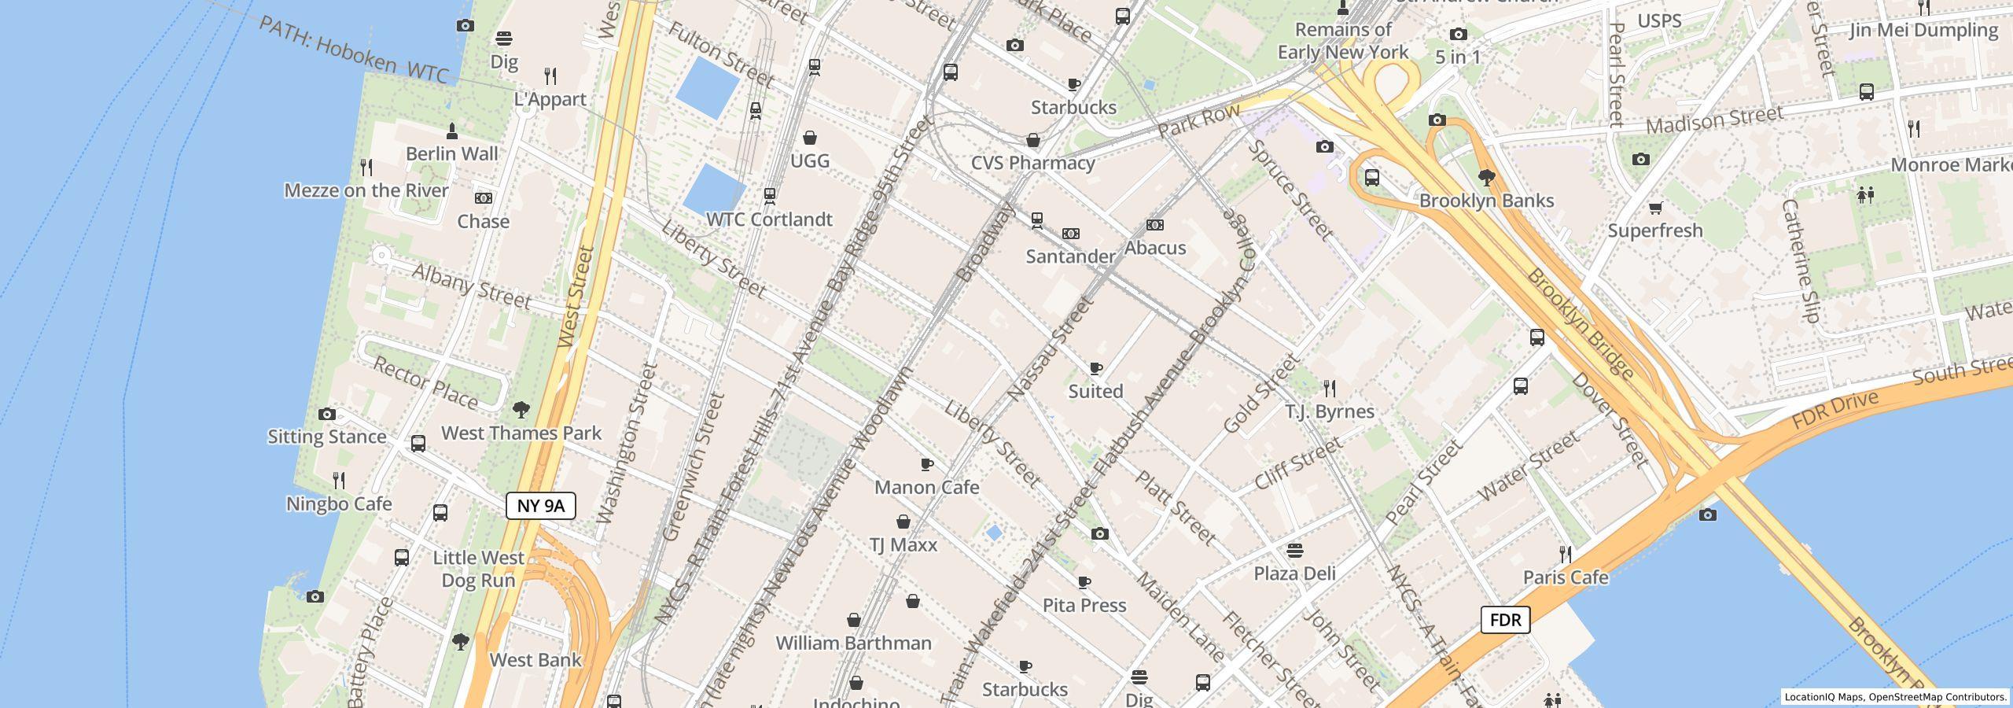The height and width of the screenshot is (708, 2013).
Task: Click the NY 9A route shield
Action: (x=541, y=506)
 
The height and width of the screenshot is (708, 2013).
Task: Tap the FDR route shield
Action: (x=1505, y=620)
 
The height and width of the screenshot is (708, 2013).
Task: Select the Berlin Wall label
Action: (x=452, y=153)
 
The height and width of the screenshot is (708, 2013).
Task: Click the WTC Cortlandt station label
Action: (x=769, y=219)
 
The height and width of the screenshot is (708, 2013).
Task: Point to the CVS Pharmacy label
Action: (x=1032, y=163)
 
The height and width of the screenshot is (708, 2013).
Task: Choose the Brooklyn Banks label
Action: (x=1486, y=201)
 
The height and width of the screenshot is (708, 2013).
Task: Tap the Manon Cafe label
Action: (x=926, y=487)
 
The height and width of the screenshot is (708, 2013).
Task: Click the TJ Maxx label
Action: (x=903, y=544)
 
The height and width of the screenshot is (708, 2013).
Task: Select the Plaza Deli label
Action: (x=1294, y=573)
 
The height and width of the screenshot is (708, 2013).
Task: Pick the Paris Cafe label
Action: (x=1565, y=577)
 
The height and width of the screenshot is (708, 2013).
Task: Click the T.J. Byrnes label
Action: (x=1329, y=411)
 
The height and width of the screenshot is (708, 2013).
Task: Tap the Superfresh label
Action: (x=1654, y=230)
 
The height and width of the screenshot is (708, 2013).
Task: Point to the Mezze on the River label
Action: (x=366, y=190)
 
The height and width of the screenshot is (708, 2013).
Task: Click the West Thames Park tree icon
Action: (x=521, y=409)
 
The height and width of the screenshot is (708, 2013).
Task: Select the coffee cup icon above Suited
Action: (x=1095, y=368)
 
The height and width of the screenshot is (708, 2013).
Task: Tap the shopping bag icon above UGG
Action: (x=809, y=138)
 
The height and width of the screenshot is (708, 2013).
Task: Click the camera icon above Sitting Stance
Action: (x=326, y=414)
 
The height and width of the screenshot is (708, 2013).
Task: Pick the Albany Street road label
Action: (x=471, y=286)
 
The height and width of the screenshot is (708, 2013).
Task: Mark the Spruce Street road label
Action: (x=1290, y=190)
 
